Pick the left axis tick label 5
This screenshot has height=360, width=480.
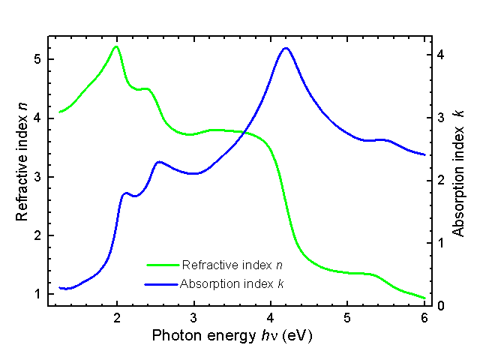tap(37, 59)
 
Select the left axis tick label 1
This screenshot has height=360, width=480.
tap(37, 294)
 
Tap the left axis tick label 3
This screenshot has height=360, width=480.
tap(37, 177)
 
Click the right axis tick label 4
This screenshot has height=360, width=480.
tap(442, 55)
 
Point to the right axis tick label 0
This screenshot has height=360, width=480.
tap(442, 306)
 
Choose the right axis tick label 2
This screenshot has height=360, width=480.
tap(442, 180)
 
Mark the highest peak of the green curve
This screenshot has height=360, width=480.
tap(115, 46)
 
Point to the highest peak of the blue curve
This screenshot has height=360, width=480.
tap(285, 48)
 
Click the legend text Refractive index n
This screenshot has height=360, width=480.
tap(232, 265)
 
